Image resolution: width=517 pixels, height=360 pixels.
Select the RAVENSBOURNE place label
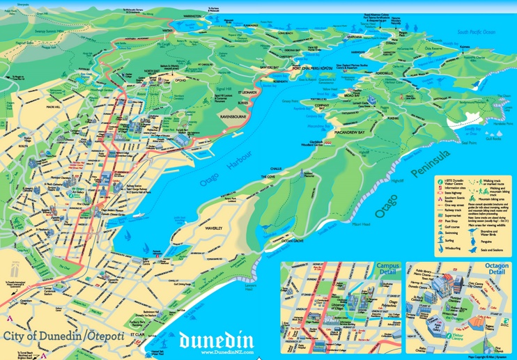[235, 117]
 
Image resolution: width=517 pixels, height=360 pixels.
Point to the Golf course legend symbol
[439, 226]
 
